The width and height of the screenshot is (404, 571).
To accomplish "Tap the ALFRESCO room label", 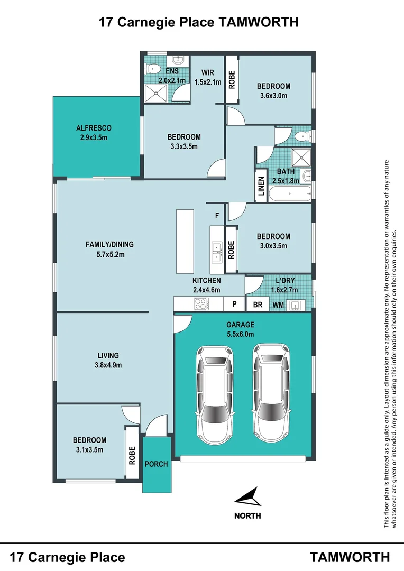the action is pyautogui.click(x=94, y=128).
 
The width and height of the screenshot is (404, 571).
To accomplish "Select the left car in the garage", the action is pyautogui.click(x=215, y=395).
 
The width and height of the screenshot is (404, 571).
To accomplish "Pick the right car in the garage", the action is pyautogui.click(x=271, y=393).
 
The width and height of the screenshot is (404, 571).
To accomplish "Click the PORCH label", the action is pyautogui.click(x=157, y=464).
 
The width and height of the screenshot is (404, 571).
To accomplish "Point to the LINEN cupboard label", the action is pyautogui.click(x=261, y=186).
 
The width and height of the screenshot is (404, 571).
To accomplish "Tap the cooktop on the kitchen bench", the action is pyautogui.click(x=201, y=303).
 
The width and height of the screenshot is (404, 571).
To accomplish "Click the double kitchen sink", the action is pyautogui.click(x=217, y=252).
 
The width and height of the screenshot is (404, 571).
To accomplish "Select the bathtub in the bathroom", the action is pyautogui.click(x=290, y=194).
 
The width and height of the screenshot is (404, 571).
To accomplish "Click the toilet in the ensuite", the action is pyautogui.click(x=153, y=68).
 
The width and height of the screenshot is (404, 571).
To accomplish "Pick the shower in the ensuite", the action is pyautogui.click(x=157, y=93).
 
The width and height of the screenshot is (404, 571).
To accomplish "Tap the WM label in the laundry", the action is pyautogui.click(x=278, y=305).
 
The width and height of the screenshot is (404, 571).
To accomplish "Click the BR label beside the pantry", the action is pyautogui.click(x=258, y=305).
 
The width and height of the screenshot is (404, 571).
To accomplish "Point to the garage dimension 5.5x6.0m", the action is pyautogui.click(x=241, y=334).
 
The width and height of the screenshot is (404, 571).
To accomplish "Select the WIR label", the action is pyautogui.click(x=208, y=73).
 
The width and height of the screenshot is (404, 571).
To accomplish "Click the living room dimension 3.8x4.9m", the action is pyautogui.click(x=108, y=365).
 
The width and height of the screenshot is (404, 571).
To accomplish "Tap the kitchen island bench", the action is pyautogui.click(x=185, y=242).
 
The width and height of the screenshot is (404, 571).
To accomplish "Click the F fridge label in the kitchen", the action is pyautogui.click(x=217, y=216).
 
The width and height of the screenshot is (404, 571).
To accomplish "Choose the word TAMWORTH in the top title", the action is pyautogui.click(x=258, y=22).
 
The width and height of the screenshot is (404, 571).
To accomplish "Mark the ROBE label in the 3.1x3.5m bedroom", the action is pyautogui.click(x=132, y=455).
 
